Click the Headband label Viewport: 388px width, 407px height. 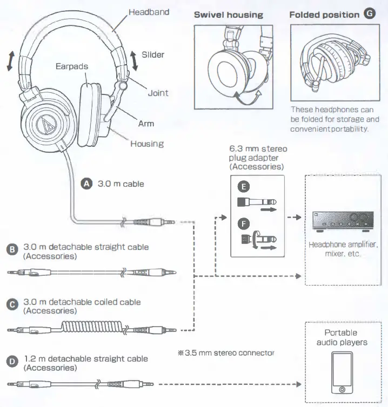149,12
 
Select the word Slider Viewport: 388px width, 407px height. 153,55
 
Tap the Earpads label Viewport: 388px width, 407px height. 71,66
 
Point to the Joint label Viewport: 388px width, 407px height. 158,93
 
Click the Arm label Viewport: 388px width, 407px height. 146,124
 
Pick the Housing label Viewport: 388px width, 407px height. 146,144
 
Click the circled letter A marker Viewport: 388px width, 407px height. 86,184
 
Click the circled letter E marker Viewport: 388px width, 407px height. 244,187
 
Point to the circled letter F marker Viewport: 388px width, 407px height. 244,223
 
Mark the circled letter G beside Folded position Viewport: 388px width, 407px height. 370,14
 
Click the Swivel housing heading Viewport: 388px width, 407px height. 228,15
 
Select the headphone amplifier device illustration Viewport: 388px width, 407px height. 342,222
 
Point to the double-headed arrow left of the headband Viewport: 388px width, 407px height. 9,60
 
